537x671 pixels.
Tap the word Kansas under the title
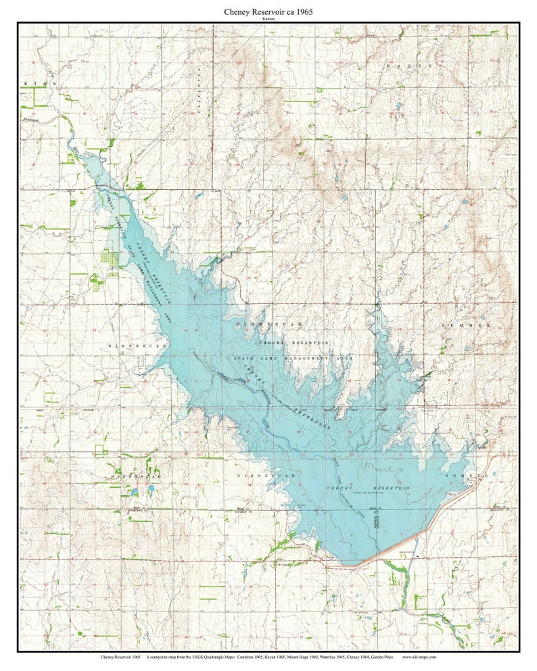point(268,20)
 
